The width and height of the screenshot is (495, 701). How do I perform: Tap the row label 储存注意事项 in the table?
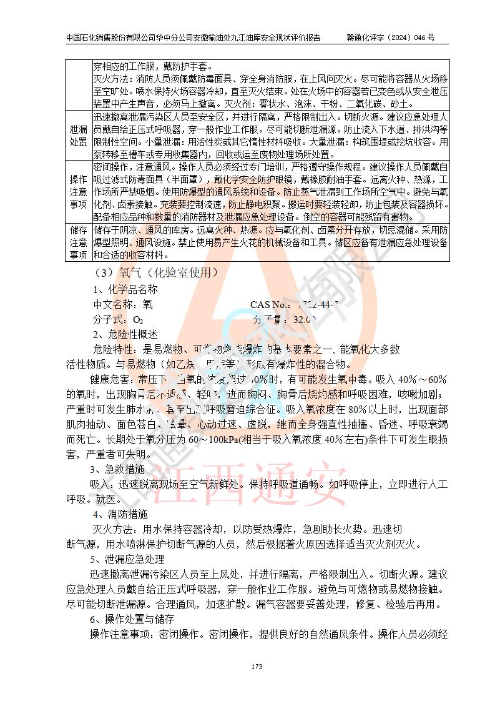click(79, 242)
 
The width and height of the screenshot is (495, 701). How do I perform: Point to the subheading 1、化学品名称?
click(125, 289)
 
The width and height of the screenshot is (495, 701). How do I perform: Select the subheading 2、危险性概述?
click(125, 334)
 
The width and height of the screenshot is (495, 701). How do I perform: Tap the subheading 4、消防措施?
click(120, 515)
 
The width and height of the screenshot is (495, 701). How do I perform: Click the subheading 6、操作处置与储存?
click(132, 619)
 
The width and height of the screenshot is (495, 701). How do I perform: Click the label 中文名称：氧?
click(122, 305)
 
